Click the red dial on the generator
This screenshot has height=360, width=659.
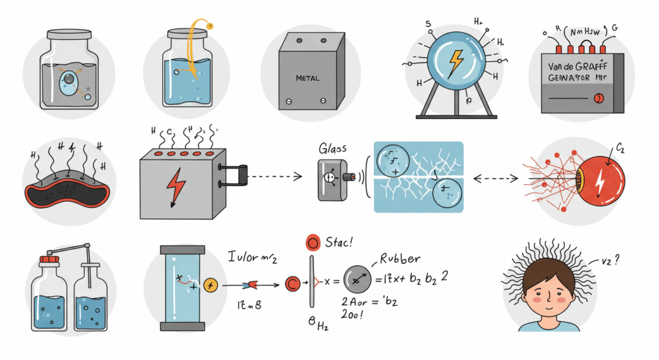[x=599, y=98]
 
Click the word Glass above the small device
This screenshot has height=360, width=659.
[x=333, y=148]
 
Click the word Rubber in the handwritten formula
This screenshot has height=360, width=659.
[x=400, y=258]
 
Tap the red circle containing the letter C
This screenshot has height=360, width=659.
[x=292, y=282]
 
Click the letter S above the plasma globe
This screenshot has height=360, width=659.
[x=428, y=24]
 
